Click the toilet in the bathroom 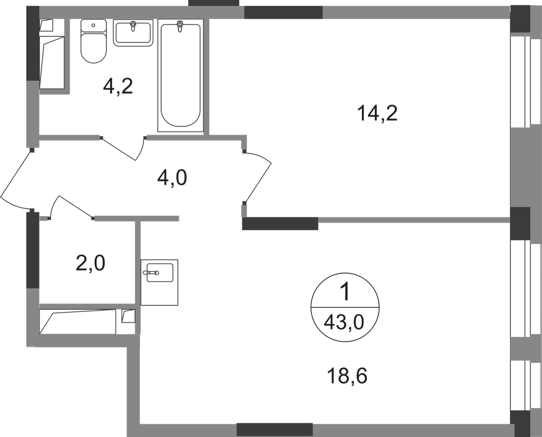pyautogui.click(x=93, y=41)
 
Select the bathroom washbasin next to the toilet pyautogui.click(x=133, y=33)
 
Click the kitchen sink pyautogui.click(x=159, y=282)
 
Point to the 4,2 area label pyautogui.click(x=118, y=87)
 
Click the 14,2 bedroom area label pyautogui.click(x=378, y=113)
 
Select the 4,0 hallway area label pyautogui.click(x=172, y=178)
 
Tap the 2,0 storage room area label pyautogui.click(x=90, y=264)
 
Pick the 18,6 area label pyautogui.click(x=347, y=376)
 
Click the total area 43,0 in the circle pyautogui.click(x=344, y=324)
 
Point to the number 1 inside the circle pyautogui.click(x=345, y=292)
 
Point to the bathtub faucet pyautogui.click(x=180, y=26)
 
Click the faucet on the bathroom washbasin pyautogui.click(x=133, y=25)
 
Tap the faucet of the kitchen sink pyautogui.click(x=153, y=273)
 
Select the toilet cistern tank pyautogui.click(x=93, y=26)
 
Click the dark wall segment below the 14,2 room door pyautogui.click(x=280, y=224)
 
